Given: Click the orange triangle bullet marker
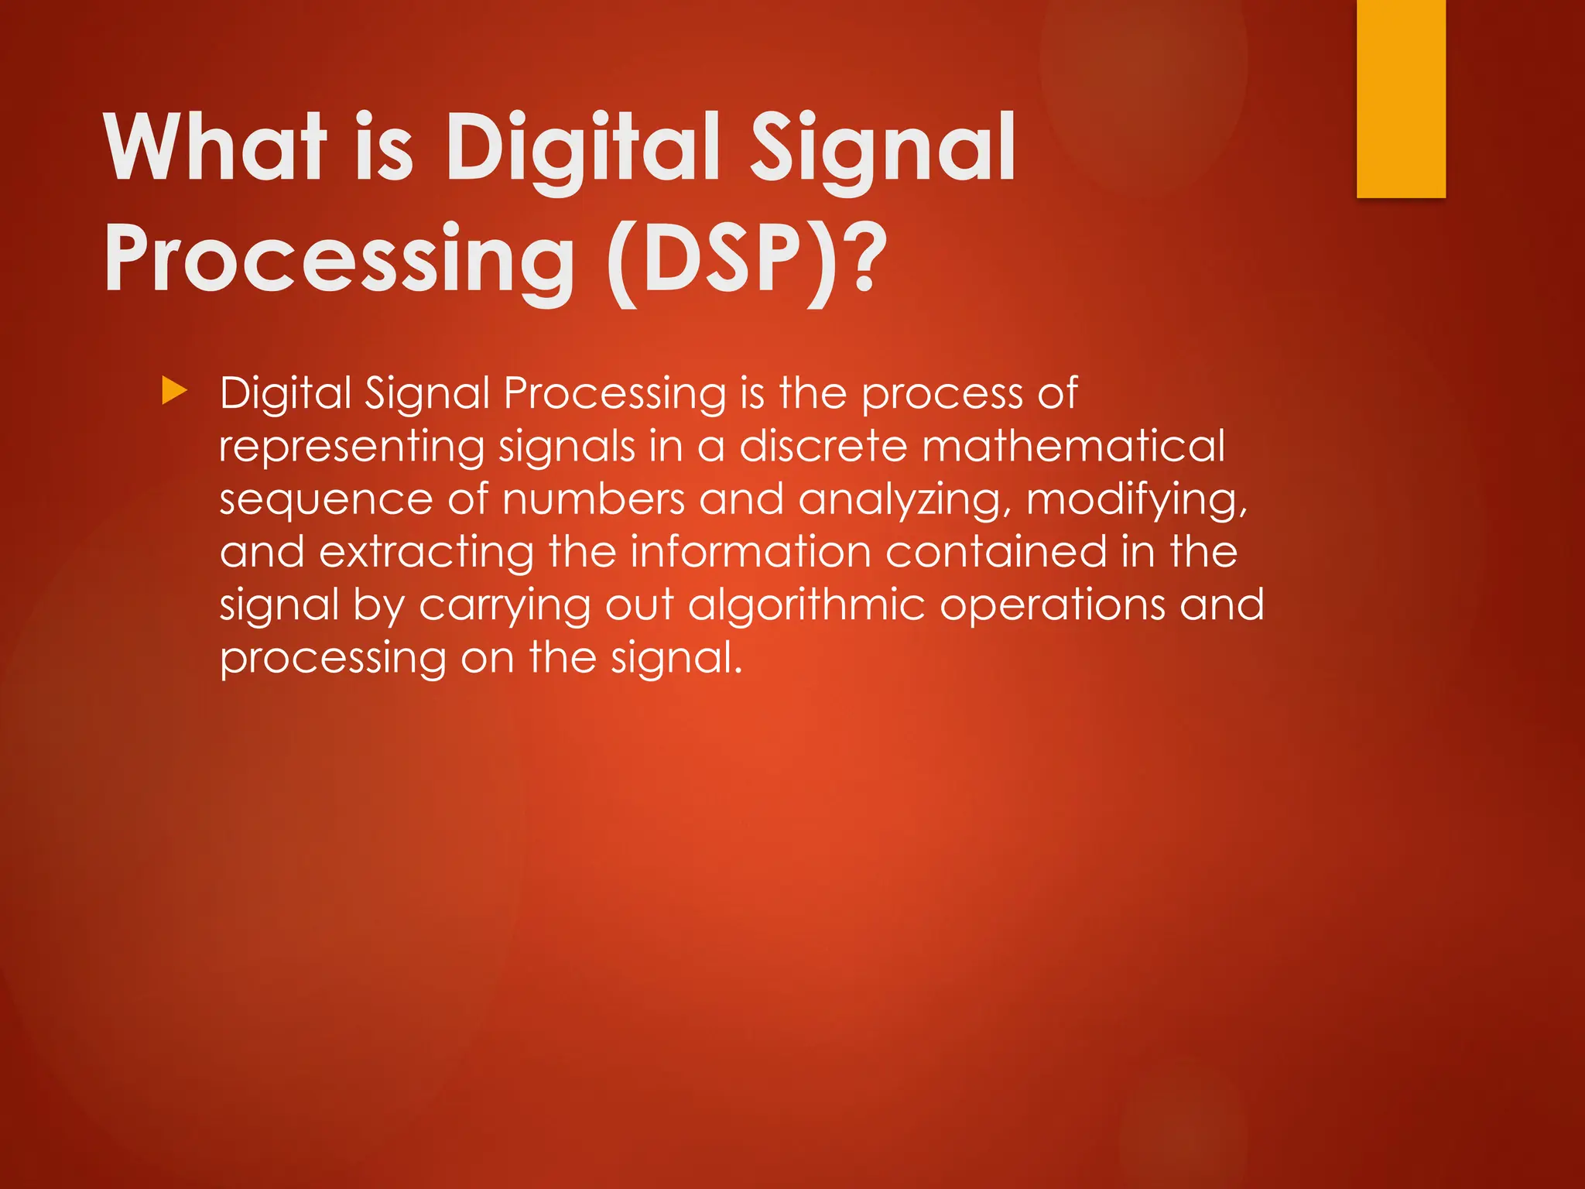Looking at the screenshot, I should [175, 392].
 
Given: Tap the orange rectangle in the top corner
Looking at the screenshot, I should [1401, 98].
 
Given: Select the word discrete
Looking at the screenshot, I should [823, 447].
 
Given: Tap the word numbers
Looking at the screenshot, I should [594, 500].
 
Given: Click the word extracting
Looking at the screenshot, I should [426, 553].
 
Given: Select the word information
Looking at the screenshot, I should [750, 553].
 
